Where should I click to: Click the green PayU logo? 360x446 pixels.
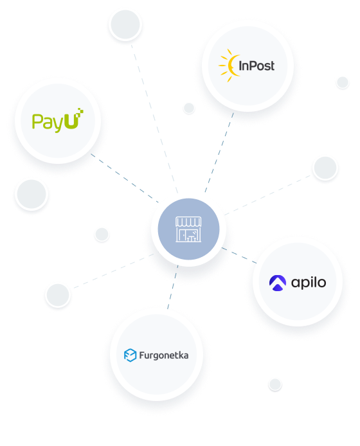tap(57, 120)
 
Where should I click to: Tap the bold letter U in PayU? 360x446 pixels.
tap(71, 121)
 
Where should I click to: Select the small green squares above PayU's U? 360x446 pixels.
tap(80, 111)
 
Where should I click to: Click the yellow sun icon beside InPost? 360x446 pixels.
tap(229, 66)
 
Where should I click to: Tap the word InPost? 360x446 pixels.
tap(256, 66)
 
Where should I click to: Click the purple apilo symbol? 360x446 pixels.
tap(278, 283)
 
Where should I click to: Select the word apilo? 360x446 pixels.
tap(309, 283)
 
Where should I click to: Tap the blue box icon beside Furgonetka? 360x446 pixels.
tap(130, 355)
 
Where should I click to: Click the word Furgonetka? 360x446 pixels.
tap(164, 355)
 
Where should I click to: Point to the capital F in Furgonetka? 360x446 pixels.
tap(141, 355)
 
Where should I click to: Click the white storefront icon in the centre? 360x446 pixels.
tap(188, 229)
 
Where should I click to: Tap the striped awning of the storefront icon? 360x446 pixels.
tap(188, 222)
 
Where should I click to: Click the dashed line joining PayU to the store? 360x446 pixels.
tap(124, 178)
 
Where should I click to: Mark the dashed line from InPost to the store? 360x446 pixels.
tap(219, 153)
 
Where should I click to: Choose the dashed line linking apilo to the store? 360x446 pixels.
tap(239, 255)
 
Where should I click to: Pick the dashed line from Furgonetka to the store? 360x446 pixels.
tap(173, 287)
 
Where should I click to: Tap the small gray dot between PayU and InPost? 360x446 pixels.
tap(189, 108)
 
